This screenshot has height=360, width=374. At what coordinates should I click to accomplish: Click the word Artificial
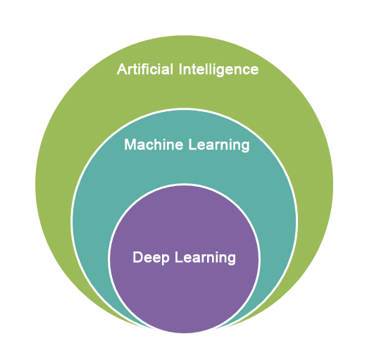(x=145, y=69)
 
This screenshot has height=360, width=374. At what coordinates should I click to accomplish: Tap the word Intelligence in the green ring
(x=218, y=70)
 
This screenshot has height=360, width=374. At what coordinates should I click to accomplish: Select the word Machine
(x=154, y=144)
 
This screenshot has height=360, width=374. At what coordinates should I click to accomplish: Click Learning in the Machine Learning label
(x=219, y=145)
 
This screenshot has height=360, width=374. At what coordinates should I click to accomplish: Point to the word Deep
(x=151, y=258)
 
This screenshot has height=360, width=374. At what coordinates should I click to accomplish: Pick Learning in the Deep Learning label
(x=205, y=258)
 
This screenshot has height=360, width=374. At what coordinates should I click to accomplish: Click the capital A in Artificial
(x=122, y=69)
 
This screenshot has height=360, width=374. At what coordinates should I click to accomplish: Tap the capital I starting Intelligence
(x=180, y=69)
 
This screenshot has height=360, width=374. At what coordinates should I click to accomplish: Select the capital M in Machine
(x=130, y=144)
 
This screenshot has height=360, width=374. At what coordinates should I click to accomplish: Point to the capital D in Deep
(x=137, y=257)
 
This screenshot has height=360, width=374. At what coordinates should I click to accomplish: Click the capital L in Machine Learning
(x=192, y=144)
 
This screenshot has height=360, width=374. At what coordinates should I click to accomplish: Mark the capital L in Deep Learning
(x=179, y=257)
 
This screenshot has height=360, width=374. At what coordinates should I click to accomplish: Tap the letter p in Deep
(x=165, y=259)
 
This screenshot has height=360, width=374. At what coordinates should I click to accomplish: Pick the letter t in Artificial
(x=137, y=70)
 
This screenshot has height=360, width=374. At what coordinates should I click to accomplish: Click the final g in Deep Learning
(x=231, y=259)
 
